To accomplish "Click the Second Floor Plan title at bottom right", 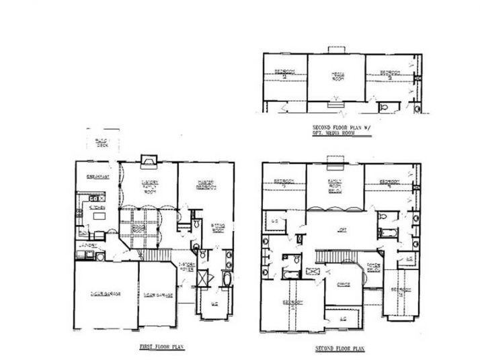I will pyautogui.click(x=339, y=349).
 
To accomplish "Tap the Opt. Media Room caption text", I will pyautogui.click(x=333, y=133).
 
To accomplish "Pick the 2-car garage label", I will pyautogui.click(x=105, y=294).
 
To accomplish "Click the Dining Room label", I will pyautogui.click(x=141, y=226).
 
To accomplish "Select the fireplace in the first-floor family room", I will pyautogui.click(x=147, y=160).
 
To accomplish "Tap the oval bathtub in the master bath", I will pyautogui.click(x=225, y=279).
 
